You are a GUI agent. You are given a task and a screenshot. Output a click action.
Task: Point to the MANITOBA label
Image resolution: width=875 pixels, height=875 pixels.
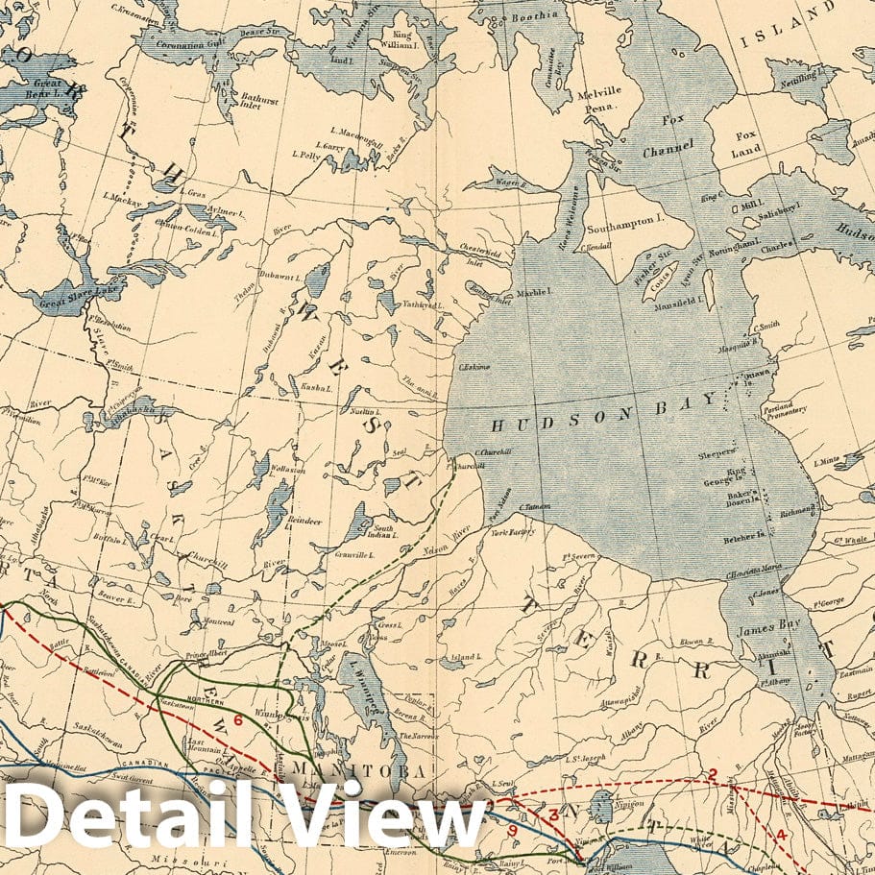pos(360,771)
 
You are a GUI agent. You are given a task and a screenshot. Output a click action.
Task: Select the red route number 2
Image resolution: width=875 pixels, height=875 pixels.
pos(713,773)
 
